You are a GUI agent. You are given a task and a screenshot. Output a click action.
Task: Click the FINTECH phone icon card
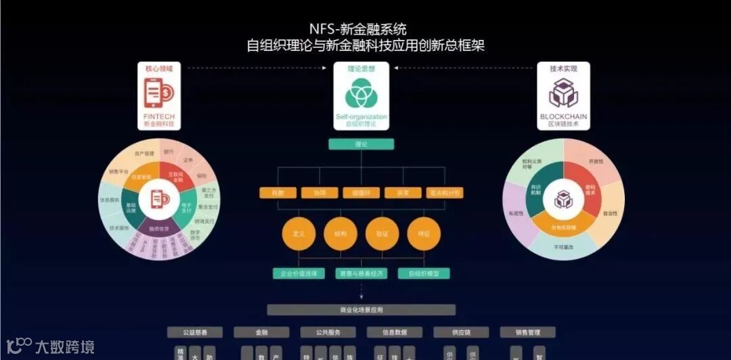pyautogui.click(x=159, y=95)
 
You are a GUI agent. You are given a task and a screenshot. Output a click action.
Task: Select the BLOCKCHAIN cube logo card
pyautogui.click(x=563, y=95)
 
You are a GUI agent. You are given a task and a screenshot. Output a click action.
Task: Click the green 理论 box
pyautogui.click(x=361, y=144)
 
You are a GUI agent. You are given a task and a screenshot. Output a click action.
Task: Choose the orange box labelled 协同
pyautogui.click(x=319, y=193)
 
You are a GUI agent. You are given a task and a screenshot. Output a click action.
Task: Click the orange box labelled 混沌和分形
pyautogui.click(x=445, y=193)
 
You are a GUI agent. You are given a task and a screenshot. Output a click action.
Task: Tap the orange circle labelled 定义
pyautogui.click(x=298, y=233)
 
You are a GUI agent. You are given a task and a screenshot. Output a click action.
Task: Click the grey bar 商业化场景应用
pyautogui.click(x=361, y=310)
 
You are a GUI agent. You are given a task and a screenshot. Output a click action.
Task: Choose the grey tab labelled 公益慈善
pyautogui.click(x=195, y=332)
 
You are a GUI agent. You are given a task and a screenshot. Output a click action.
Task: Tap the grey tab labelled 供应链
pyautogui.click(x=461, y=332)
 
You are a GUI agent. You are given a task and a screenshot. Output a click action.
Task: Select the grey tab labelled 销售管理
pyautogui.click(x=527, y=332)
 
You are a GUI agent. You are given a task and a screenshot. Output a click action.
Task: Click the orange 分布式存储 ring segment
pyautogui.click(x=563, y=227)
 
